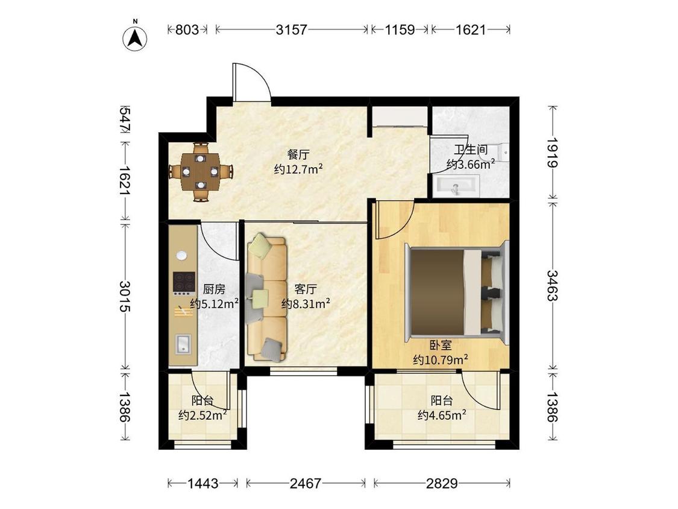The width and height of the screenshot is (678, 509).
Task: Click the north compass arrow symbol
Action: pyautogui.click(x=135, y=38)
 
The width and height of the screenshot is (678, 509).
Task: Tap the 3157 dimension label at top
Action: pyautogui.click(x=292, y=30)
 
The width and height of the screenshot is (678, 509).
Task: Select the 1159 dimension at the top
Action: pyautogui.click(x=400, y=30)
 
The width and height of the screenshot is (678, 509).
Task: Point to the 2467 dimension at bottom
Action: pyautogui.click(x=306, y=483)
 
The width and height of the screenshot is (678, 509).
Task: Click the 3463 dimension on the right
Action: pyautogui.click(x=553, y=285)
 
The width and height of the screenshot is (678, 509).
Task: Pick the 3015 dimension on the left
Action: pyautogui.click(x=125, y=297)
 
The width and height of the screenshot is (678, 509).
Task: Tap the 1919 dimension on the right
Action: pyautogui.click(x=553, y=153)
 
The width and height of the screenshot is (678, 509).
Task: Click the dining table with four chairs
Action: pyautogui.click(x=200, y=172)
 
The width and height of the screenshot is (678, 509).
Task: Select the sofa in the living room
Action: pyautogui.click(x=267, y=299)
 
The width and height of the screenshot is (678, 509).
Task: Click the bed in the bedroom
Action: pyautogui.click(x=457, y=294)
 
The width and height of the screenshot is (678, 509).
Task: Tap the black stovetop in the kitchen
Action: pyautogui.click(x=184, y=282)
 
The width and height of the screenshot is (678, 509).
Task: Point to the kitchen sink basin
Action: pyautogui.click(x=183, y=344)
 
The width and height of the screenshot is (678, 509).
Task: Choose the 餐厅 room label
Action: pyautogui.click(x=298, y=154)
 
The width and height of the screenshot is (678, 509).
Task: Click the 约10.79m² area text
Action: pyautogui.click(x=441, y=359)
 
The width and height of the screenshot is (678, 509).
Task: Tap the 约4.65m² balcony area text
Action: pyautogui.click(x=442, y=415)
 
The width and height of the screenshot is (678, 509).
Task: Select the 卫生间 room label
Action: pyautogui.click(x=471, y=150)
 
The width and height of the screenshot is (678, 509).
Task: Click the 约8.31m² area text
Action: pyautogui.click(x=306, y=303)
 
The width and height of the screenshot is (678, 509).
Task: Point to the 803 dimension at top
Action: pyautogui.click(x=187, y=30)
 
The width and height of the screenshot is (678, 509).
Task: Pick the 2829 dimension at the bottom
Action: pyautogui.click(x=442, y=483)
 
